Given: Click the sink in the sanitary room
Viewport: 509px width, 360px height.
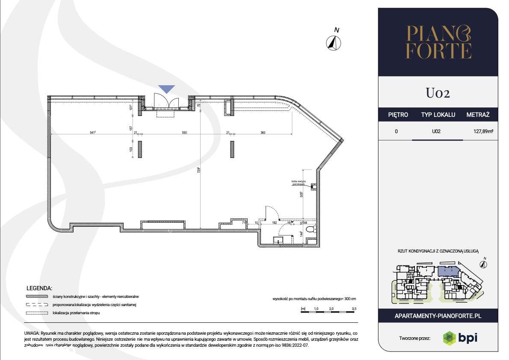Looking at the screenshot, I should point(280,241).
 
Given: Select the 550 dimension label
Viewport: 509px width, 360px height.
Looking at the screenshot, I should point(184,133).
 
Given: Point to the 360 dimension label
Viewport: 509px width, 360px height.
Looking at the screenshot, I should point(263,133).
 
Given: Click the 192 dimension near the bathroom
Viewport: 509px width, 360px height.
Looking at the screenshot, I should point(275,223).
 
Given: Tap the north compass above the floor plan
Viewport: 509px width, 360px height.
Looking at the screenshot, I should point(334,42).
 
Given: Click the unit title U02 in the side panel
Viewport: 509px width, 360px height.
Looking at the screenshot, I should point(438,93).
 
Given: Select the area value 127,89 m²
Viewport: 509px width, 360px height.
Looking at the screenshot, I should point(480,131).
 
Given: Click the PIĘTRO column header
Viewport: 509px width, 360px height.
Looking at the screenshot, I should point(398,115).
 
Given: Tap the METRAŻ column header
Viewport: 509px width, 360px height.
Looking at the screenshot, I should point(478,115).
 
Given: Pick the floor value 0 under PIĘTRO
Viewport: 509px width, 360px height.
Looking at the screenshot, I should point(397,131).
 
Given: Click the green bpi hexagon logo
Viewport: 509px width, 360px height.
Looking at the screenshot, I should point(449,337).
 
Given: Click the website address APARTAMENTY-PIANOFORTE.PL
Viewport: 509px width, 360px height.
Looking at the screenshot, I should point(438,315).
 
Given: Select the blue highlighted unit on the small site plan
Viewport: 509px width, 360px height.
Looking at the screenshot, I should point(447,271).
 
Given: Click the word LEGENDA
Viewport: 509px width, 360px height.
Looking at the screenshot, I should point(39,288).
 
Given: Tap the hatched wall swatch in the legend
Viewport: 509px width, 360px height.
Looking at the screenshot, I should point(36,297).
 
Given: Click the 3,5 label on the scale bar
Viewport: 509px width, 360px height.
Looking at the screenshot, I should point(354,308).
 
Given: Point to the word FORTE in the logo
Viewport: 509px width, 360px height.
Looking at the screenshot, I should point(438,51).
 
